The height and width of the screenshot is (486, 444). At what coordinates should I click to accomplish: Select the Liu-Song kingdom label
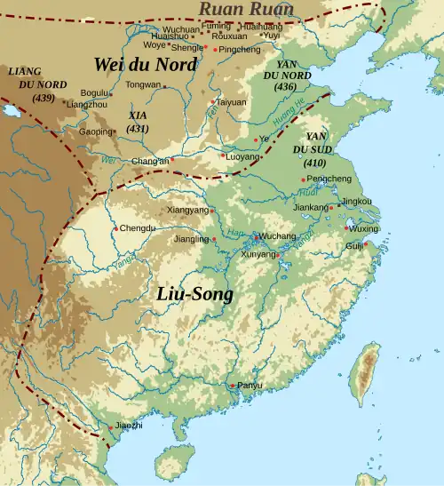[195, 294]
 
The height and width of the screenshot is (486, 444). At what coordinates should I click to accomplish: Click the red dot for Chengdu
[115, 228]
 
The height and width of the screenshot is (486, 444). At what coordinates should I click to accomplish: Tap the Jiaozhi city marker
[111, 427]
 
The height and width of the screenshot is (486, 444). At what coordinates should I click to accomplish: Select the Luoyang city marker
[223, 155]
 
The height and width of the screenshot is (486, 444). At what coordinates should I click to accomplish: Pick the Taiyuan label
[231, 103]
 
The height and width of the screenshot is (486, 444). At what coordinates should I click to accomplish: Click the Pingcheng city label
[239, 50]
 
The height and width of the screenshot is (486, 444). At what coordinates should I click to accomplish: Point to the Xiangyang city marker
[212, 211]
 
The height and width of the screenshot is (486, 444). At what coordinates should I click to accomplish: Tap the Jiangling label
[191, 239]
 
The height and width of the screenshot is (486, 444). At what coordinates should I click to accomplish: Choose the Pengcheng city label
[328, 179]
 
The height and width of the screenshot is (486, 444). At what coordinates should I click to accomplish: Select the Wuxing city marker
[345, 228]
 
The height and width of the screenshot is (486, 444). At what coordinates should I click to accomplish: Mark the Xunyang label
[258, 254]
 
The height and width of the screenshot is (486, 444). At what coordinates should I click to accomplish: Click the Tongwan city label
[143, 85]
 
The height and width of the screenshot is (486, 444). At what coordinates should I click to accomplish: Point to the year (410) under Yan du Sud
[314, 163]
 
